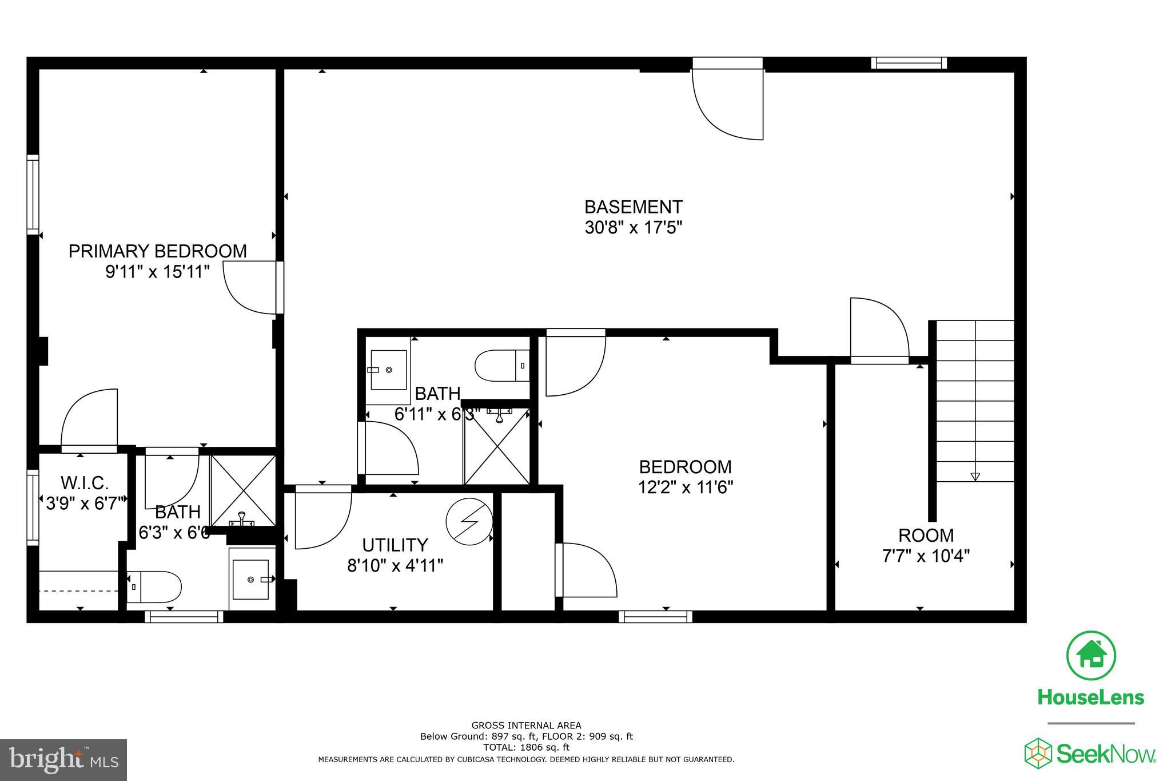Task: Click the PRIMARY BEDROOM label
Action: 157,251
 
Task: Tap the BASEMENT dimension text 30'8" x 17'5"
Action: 634,228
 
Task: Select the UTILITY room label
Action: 395,545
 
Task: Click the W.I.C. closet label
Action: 85,483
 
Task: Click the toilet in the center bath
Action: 502,366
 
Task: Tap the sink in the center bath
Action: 388,370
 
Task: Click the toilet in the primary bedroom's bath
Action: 154,586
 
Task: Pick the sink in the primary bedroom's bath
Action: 250,580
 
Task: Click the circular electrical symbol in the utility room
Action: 469,521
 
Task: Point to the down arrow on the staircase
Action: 975,476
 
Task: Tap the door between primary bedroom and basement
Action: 252,288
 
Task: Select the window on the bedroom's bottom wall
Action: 655,617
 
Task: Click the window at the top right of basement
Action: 909,64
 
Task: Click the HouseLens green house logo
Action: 1090,656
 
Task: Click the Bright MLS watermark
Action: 63,760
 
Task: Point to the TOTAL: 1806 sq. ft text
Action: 526,747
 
